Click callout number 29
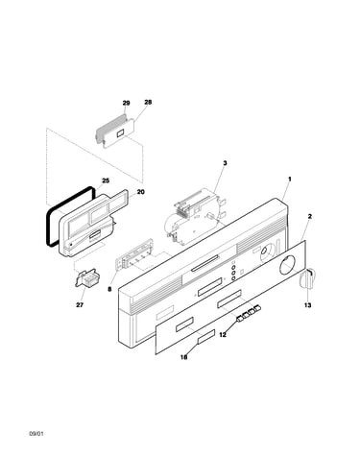126,103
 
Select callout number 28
148,103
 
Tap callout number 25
106,180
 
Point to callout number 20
140,192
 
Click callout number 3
225,163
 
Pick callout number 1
290,180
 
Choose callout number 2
309,217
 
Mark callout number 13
307,305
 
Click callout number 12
223,335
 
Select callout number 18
183,357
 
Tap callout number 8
109,289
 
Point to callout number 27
80,305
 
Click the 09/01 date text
36,434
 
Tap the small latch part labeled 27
86,277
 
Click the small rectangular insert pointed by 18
206,337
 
